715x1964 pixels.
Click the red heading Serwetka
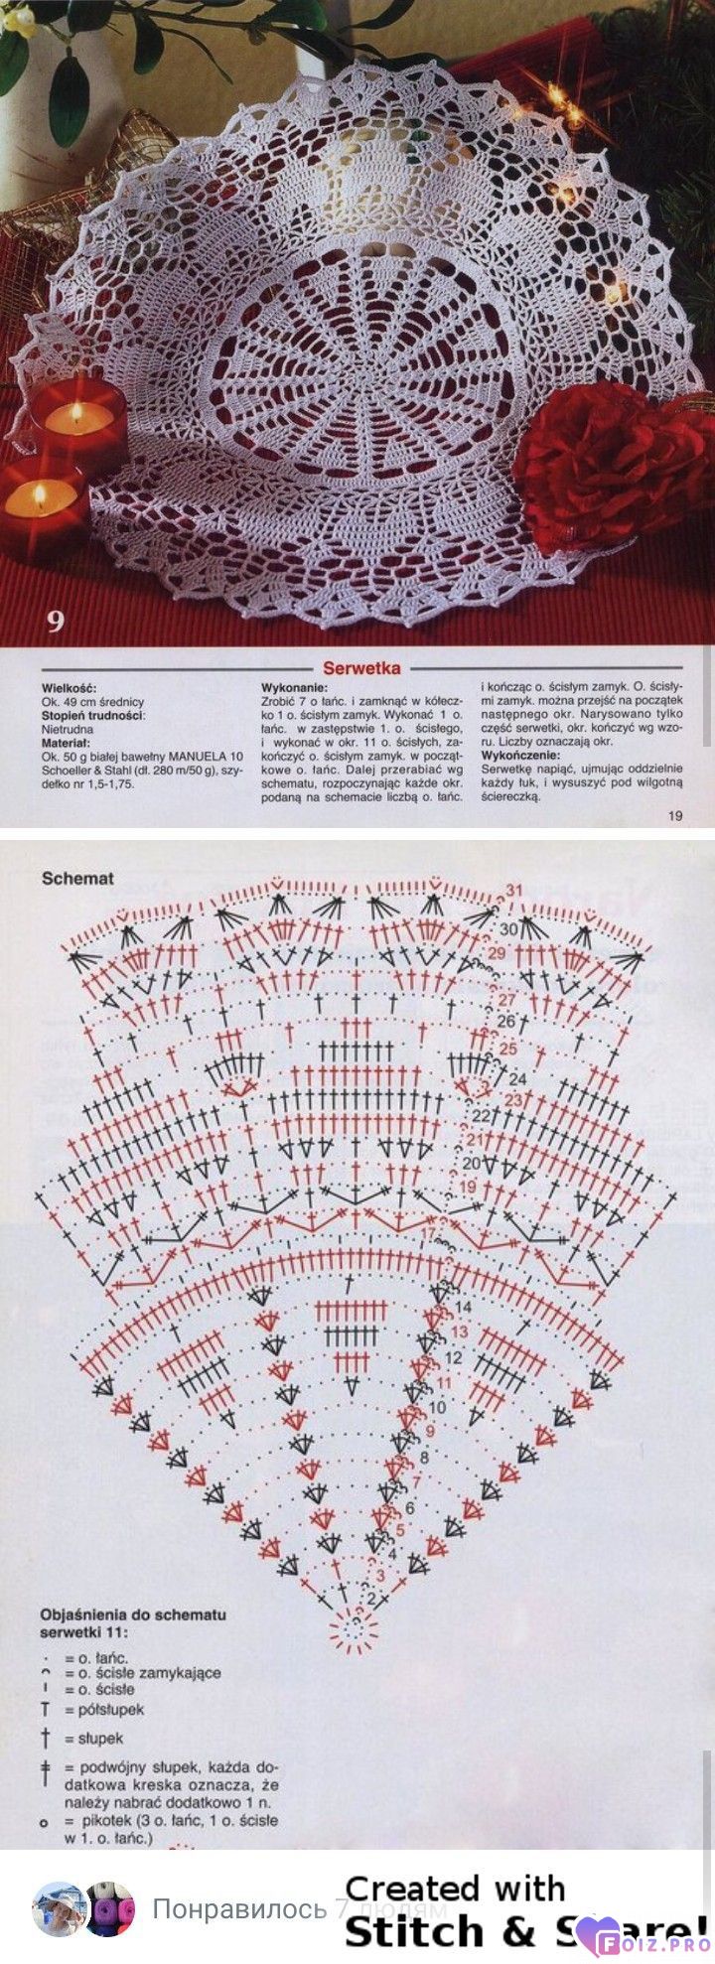361,668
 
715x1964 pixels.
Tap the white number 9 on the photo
55,622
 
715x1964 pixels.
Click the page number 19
675,816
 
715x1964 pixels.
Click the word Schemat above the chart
78,878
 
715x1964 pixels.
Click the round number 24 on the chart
516,1078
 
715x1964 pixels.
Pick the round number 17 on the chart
429,1234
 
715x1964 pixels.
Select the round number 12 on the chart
454,1356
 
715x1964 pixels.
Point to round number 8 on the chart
424,1458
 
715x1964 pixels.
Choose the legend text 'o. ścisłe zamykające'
143,1672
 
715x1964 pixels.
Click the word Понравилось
239,1908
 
